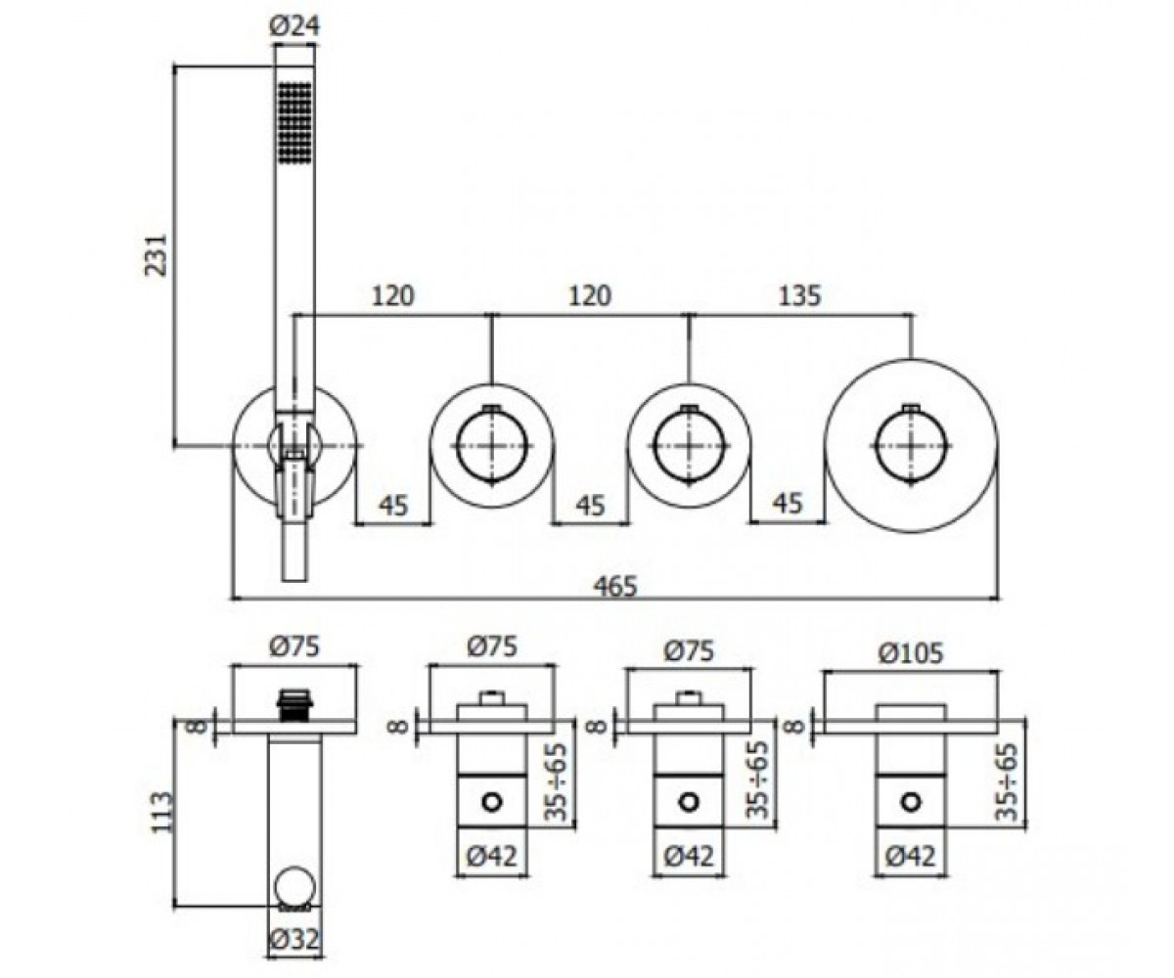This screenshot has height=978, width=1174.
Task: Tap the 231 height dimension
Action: pos(157,254)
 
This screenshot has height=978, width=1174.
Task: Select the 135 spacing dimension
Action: pos(799,295)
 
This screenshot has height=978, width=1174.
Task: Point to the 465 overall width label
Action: pos(616,586)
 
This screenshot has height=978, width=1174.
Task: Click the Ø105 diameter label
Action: pos(912,653)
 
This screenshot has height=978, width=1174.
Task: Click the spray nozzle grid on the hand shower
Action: pos(294,123)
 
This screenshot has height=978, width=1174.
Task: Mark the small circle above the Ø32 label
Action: pos(294,886)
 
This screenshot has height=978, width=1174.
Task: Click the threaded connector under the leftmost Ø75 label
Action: pos(294,704)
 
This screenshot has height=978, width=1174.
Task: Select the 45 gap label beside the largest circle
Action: pos(788,504)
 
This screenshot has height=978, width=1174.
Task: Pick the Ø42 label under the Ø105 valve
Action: pos(911,856)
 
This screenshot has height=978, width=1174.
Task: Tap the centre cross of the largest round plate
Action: pos(911,446)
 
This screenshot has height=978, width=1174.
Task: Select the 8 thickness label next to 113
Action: pos(197,727)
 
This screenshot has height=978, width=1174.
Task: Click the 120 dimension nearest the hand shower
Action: pos(392,295)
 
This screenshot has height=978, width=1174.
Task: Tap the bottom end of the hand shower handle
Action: pos(294,581)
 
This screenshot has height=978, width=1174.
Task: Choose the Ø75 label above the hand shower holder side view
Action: pos(294,646)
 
